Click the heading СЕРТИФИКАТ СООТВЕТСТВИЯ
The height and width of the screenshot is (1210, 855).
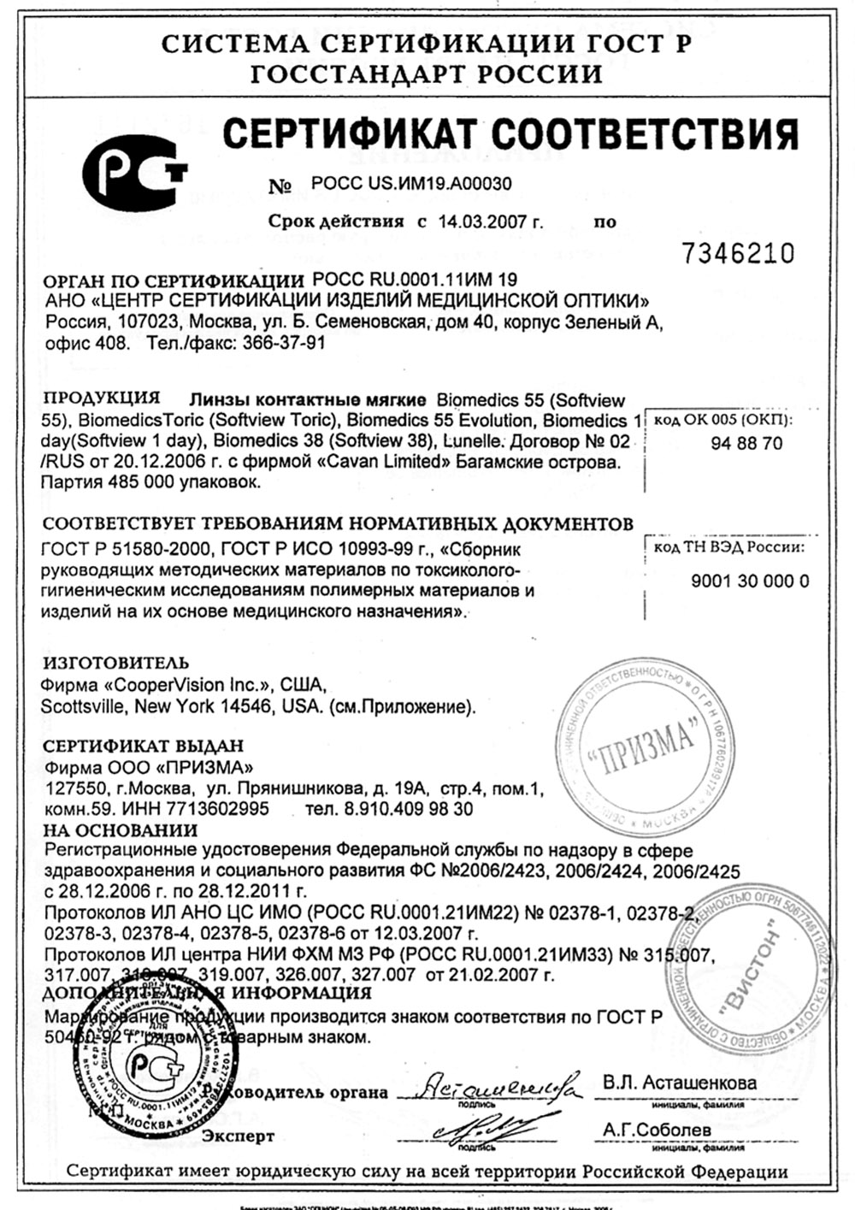(510, 133)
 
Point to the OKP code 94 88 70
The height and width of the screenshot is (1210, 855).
(746, 444)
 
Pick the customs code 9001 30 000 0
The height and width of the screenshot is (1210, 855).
(750, 581)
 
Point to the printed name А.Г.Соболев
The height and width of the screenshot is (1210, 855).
(656, 1130)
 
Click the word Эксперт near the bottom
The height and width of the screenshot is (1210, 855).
(239, 1136)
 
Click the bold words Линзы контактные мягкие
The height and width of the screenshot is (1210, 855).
(307, 400)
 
